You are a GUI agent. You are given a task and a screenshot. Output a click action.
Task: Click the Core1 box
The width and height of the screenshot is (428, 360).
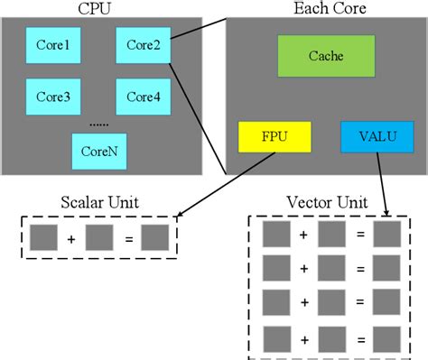pos(53,43)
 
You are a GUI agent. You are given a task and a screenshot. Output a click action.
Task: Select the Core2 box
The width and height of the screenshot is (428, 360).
pos(143,43)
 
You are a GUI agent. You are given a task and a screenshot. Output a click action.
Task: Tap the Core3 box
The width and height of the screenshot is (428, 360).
pos(53,97)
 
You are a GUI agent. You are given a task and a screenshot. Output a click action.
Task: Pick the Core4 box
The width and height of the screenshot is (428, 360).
pos(143,97)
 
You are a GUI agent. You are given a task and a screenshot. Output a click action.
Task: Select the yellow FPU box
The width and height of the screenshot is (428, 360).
pos(274,137)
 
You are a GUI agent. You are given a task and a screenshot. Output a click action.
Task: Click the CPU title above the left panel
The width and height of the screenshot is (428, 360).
pos(98,8)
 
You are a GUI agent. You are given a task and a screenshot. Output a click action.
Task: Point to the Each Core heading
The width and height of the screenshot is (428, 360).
pos(325,8)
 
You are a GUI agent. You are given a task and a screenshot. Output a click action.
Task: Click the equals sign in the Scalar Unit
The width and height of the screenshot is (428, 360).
pos(128,238)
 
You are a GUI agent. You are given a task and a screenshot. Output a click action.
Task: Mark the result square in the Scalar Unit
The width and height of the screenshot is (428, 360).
pos(155,238)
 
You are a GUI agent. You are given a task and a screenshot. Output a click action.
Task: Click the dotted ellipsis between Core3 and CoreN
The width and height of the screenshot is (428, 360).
pos(98,123)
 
